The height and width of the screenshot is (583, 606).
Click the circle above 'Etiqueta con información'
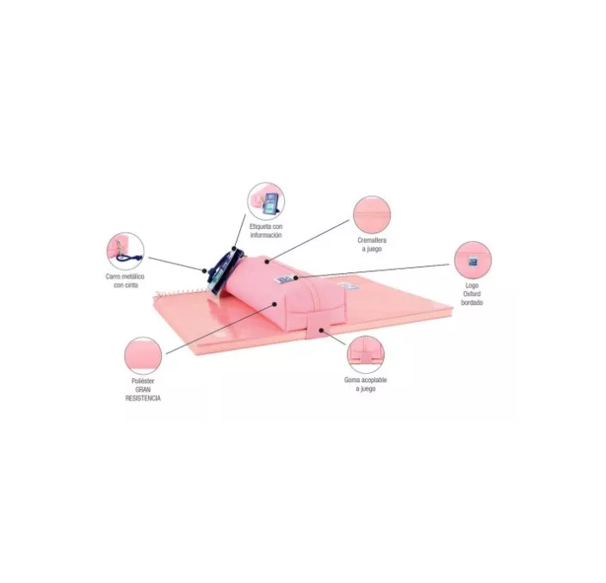(265, 201)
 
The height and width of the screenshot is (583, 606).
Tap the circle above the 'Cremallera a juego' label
(371, 214)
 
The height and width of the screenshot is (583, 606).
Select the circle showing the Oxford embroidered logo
(473, 259)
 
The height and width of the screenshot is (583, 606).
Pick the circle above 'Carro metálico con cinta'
(126, 250)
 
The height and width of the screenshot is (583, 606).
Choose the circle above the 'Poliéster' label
(143, 355)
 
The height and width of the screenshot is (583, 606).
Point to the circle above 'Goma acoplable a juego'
(366, 354)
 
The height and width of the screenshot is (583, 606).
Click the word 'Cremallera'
(372, 241)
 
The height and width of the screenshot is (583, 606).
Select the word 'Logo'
(472, 286)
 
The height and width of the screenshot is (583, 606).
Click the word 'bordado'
(472, 303)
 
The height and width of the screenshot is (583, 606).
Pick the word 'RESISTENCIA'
(141, 399)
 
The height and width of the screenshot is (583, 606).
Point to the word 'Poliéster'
(141, 381)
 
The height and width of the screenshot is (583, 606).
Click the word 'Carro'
(115, 277)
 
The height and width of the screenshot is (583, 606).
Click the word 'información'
(266, 235)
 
